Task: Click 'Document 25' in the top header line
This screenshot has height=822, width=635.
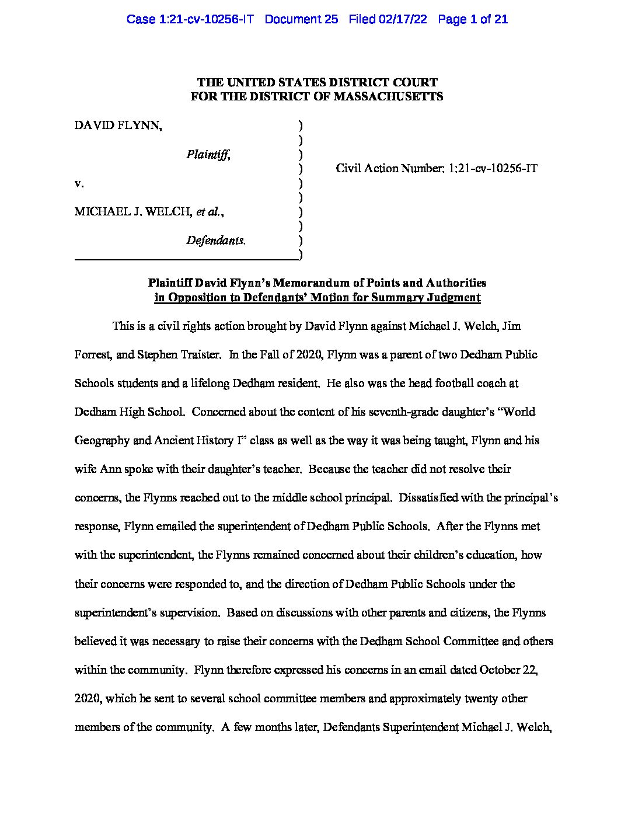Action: [301, 19]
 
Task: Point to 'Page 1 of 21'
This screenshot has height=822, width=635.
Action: [472, 19]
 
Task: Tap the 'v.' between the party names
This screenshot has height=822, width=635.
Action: [79, 183]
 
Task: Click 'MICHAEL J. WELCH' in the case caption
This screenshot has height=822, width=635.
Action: [133, 211]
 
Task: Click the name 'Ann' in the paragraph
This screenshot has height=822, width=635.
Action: [110, 469]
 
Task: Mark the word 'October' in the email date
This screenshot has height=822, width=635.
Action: [500, 670]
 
